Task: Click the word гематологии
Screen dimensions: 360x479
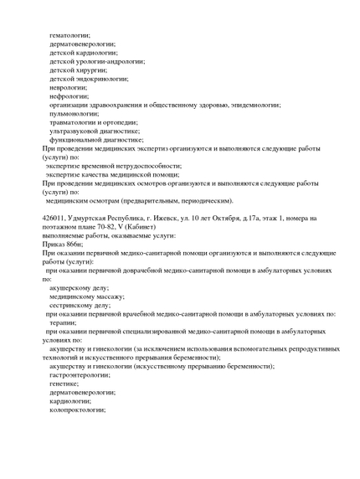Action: (x=70, y=35)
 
